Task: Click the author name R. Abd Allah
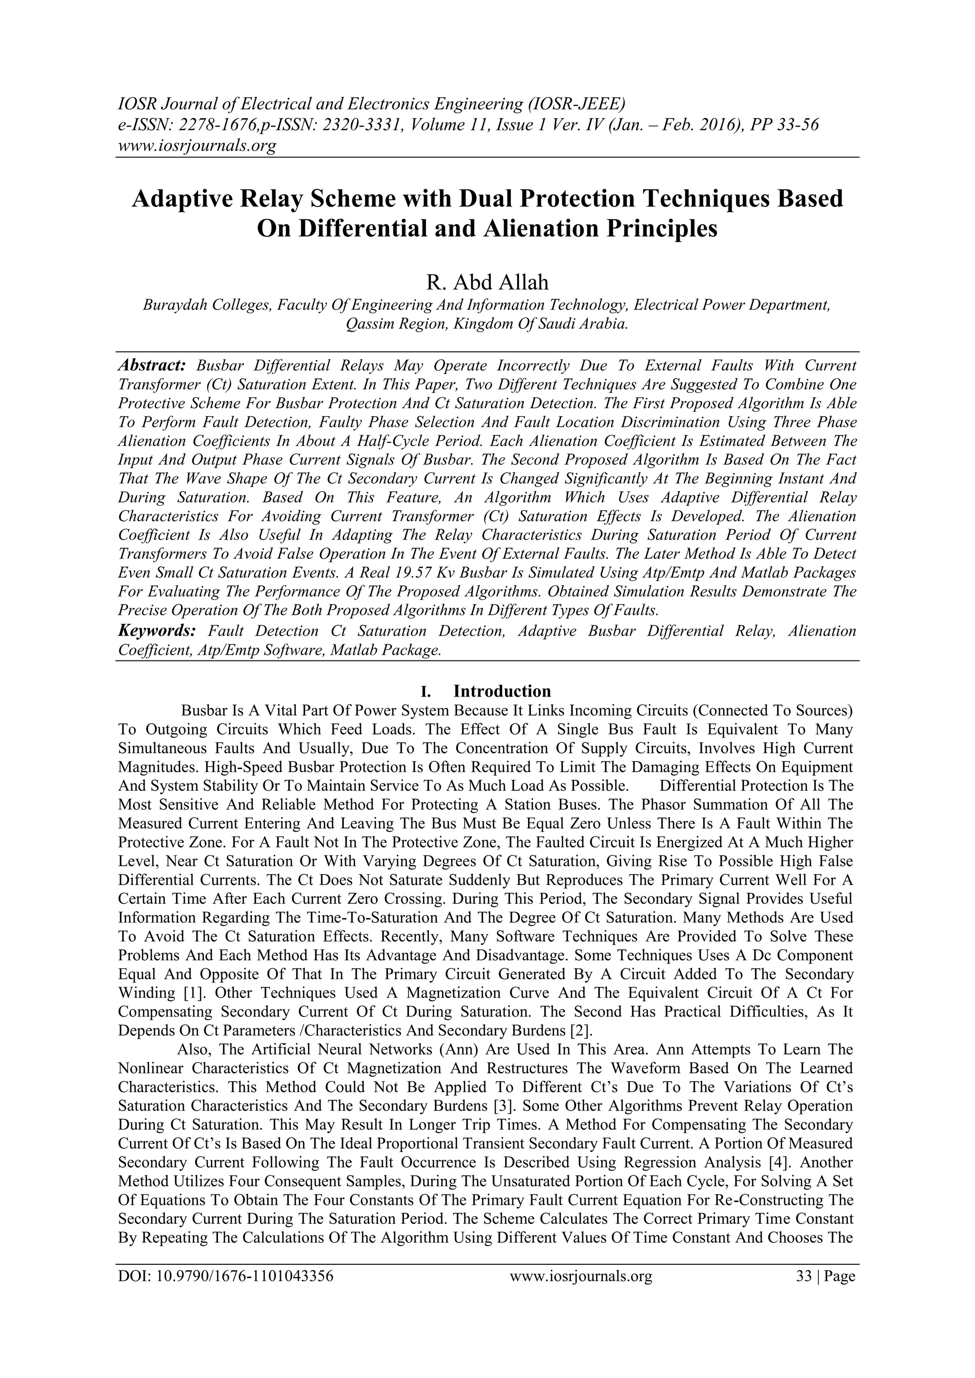click(x=487, y=282)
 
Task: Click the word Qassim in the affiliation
click(x=368, y=324)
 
